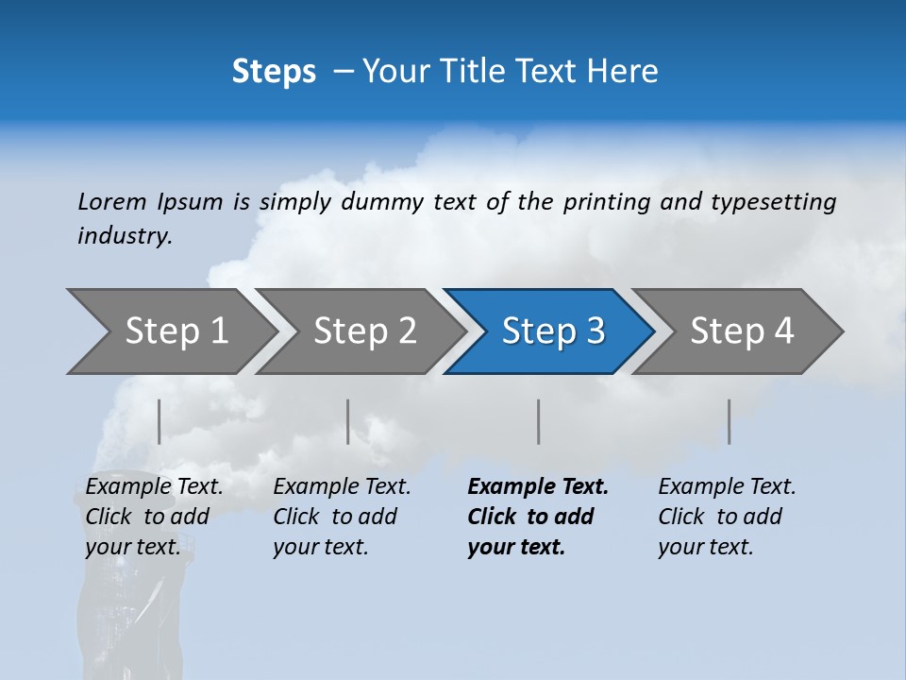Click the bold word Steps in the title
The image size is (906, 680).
274,71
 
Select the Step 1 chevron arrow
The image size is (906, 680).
170,331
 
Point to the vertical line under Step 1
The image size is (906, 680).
159,421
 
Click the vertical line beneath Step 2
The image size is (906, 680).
347,421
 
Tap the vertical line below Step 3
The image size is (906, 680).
538,421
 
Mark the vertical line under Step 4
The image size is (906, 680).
729,421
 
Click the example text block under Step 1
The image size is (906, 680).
154,517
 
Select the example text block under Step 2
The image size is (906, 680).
342,517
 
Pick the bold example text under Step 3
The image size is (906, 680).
538,517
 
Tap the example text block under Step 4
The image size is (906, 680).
727,517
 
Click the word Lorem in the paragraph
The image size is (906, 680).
112,201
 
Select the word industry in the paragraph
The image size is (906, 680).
124,236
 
